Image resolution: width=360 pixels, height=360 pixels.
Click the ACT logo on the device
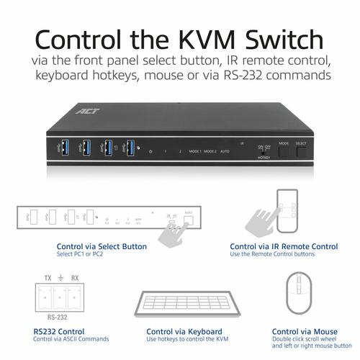pos(84,111)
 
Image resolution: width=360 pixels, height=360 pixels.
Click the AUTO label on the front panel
pos(224,152)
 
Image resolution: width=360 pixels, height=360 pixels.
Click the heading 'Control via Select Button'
pos(101,246)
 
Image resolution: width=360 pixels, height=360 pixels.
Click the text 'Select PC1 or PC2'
pos(80,254)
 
